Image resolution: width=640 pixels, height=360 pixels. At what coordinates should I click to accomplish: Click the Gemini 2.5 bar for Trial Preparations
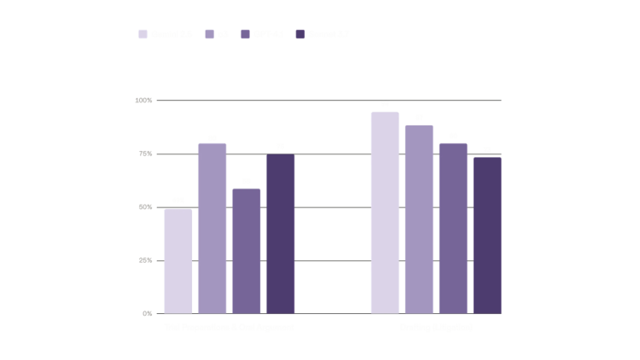(x=178, y=260)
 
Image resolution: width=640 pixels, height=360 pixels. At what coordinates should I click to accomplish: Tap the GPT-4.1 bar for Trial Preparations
(x=246, y=251)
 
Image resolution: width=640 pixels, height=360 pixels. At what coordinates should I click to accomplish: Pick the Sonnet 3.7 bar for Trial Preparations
(x=280, y=234)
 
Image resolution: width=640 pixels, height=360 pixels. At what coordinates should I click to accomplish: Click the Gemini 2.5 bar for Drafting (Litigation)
(x=385, y=212)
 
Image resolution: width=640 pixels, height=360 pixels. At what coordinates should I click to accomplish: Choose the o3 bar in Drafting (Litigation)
(x=419, y=219)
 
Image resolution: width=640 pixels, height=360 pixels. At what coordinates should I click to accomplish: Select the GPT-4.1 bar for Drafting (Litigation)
(x=453, y=228)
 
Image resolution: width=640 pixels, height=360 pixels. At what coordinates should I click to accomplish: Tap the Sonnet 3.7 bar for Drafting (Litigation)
(x=487, y=235)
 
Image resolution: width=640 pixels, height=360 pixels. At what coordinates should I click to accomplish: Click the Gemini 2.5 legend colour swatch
(x=143, y=34)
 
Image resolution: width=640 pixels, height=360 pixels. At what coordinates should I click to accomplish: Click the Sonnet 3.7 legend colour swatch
(x=300, y=34)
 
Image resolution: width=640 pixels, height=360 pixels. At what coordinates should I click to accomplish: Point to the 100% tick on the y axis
(x=143, y=101)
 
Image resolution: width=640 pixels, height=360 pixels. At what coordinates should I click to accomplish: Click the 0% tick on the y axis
(x=147, y=313)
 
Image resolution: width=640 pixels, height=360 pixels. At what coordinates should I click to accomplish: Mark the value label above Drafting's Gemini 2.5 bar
(x=385, y=104)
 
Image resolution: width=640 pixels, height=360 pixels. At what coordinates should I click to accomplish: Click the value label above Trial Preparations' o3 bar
(x=212, y=137)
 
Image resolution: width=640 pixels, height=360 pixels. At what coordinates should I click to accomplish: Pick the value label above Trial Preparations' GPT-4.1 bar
(x=246, y=182)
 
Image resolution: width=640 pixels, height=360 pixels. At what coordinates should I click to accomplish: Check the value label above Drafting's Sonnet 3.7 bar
(x=487, y=149)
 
